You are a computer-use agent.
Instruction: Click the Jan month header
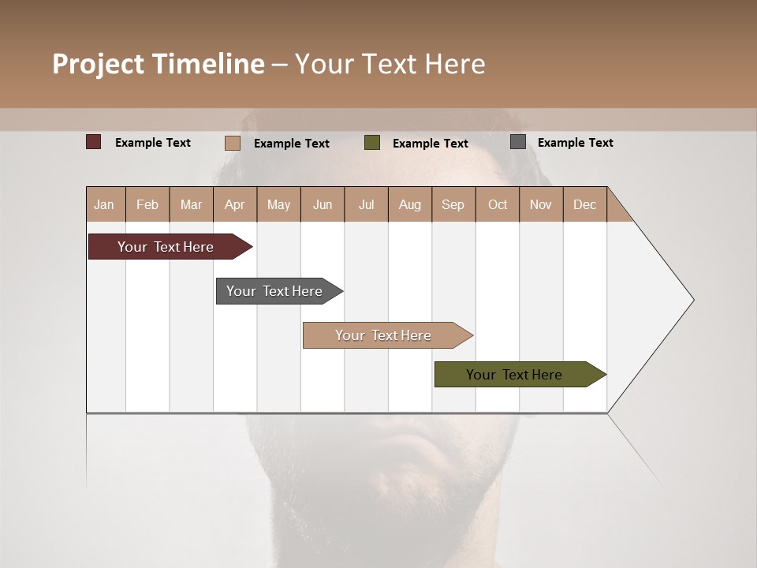coord(105,204)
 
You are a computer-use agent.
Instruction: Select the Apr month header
coord(235,204)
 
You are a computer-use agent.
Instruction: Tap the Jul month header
coord(366,204)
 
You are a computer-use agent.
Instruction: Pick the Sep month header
coord(453,204)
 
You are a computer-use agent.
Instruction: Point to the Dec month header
coord(584,204)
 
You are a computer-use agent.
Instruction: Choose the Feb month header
coord(147,204)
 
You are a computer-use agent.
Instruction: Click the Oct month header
coord(497,204)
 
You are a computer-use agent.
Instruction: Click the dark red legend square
coord(94,142)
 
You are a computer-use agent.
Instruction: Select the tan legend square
coord(233,143)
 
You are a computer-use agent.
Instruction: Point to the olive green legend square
coord(372,143)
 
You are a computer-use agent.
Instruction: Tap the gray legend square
coord(518,142)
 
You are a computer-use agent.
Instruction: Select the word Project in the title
coord(99,64)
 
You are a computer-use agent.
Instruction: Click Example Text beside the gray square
coord(575,143)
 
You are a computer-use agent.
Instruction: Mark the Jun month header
coord(323,204)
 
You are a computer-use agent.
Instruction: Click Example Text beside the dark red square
coord(152,143)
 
